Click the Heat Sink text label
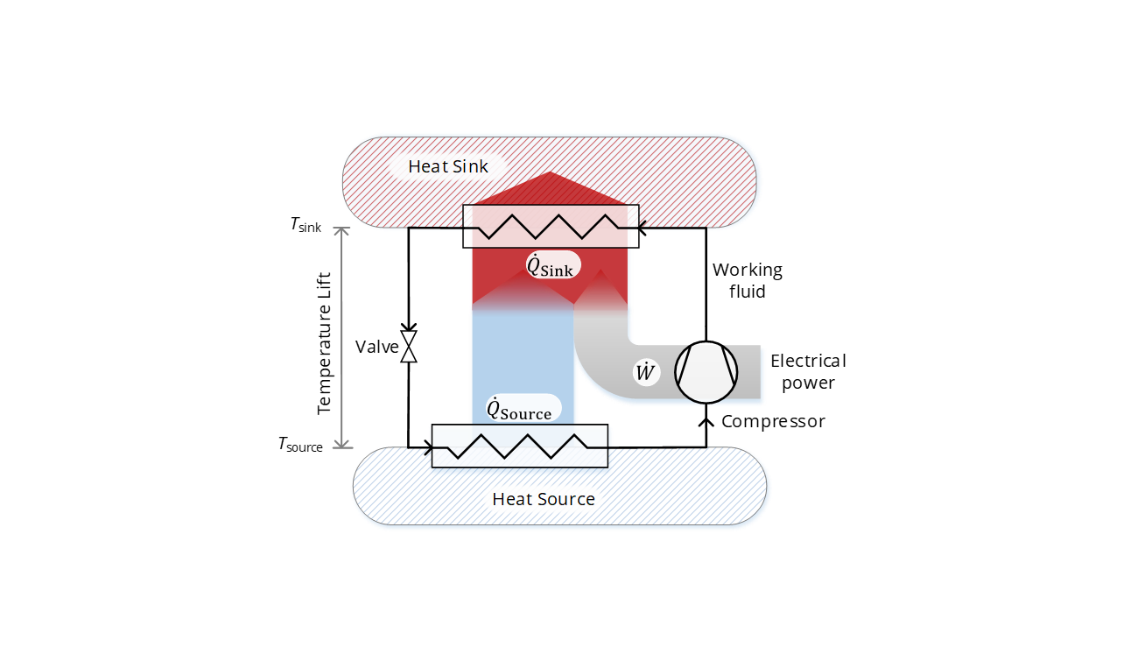(x=448, y=166)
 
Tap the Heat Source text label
(x=543, y=499)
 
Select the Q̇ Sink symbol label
(x=551, y=265)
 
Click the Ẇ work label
(x=645, y=373)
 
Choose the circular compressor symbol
(x=706, y=373)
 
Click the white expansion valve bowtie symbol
(x=409, y=347)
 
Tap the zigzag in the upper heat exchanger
(x=551, y=227)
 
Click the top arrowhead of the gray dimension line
(x=342, y=232)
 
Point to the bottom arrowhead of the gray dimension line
(x=342, y=442)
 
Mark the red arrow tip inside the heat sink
(x=551, y=175)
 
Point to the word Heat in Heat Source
(x=511, y=499)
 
